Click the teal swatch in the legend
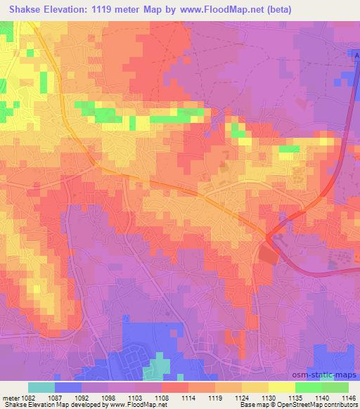point(41,387)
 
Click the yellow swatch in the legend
point(282,387)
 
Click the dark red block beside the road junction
point(267,254)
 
